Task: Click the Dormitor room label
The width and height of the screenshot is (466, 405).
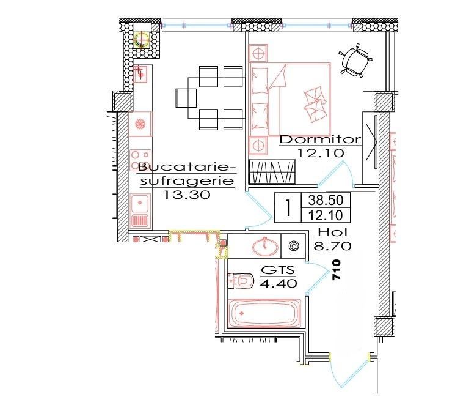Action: pyautogui.click(x=320, y=140)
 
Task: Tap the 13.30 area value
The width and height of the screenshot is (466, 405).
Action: pyautogui.click(x=187, y=195)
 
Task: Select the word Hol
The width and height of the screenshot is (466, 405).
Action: pyautogui.click(x=332, y=233)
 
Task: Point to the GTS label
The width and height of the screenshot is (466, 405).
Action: pyautogui.click(x=278, y=270)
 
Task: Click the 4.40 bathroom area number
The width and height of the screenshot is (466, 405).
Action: pyautogui.click(x=278, y=283)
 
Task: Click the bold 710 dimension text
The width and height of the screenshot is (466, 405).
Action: pyautogui.click(x=335, y=270)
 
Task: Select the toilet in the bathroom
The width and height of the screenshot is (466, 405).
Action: pyautogui.click(x=241, y=281)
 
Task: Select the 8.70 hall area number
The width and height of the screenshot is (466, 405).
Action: pyautogui.click(x=332, y=247)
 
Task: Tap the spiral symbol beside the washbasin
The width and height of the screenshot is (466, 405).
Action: pyautogui.click(x=293, y=247)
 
